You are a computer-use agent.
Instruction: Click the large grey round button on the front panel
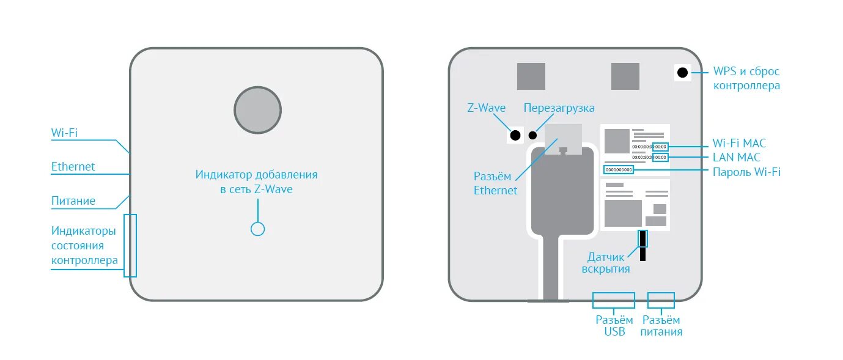[x=257, y=110]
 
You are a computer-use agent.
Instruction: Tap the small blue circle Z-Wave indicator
[x=258, y=229]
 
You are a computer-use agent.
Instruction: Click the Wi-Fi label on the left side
[x=64, y=133]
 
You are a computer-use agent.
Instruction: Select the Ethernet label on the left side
[x=73, y=166]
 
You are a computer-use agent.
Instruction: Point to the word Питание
[x=73, y=200]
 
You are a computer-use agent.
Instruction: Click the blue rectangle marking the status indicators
[x=130, y=245]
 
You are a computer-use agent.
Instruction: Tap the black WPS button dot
[x=682, y=73]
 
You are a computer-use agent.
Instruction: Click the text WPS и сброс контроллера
[x=746, y=79]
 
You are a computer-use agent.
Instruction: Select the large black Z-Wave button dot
[x=515, y=135]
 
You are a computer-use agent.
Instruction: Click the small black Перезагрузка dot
[x=532, y=135]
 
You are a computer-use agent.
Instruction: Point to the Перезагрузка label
[x=559, y=108]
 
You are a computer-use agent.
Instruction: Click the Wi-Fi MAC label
[x=738, y=144]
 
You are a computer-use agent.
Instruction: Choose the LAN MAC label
[x=736, y=158]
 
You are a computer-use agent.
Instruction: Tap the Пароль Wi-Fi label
[x=746, y=172]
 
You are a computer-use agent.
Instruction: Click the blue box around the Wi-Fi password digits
[x=618, y=169]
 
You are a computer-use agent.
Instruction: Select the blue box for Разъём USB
[x=613, y=300]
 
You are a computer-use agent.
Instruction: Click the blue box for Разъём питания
[x=661, y=300]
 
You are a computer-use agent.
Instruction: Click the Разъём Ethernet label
[x=495, y=183]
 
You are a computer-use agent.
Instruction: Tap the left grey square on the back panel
[x=531, y=76]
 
